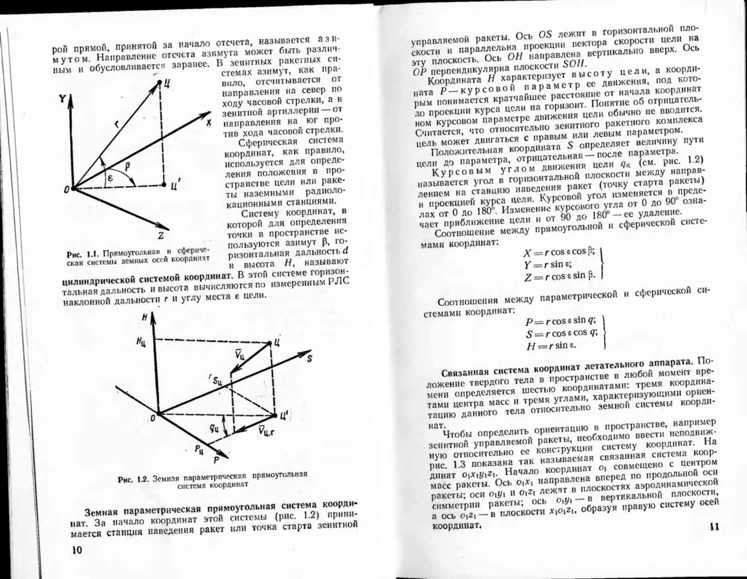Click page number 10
[x=77, y=550]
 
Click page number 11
[x=714, y=526]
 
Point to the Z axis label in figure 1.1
[x=161, y=236]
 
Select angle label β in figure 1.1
[x=127, y=166]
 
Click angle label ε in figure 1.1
[x=110, y=178]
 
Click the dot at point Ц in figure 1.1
[x=159, y=82]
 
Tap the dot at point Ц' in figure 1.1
[x=164, y=185]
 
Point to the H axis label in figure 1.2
[x=144, y=318]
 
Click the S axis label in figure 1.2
[x=309, y=359]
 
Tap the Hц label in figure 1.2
[x=141, y=342]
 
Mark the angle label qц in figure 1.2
[x=214, y=428]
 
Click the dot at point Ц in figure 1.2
[x=270, y=343]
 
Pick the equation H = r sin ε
[x=551, y=346]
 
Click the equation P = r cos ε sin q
[x=560, y=321]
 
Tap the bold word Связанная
[x=465, y=372]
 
